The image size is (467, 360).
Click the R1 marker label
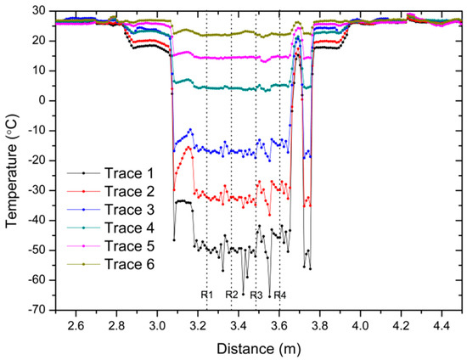(206, 295)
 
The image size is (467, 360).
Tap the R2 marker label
(232, 295)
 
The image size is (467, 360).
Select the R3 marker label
(256, 295)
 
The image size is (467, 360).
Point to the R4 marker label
(280, 295)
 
